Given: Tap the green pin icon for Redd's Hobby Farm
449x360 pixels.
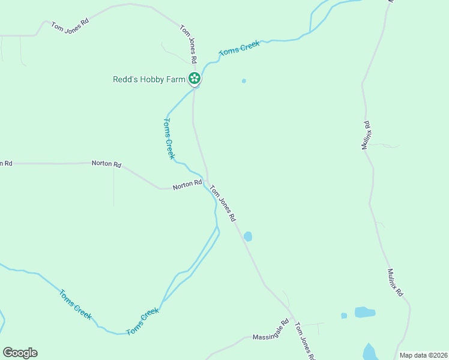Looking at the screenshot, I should point(194,78).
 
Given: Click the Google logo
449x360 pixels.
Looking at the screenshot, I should point(20,353).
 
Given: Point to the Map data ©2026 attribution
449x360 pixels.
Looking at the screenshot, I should point(423,355).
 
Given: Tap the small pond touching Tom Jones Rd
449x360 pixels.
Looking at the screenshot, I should point(248,236).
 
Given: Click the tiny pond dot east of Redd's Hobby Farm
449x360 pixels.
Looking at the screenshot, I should point(244,81).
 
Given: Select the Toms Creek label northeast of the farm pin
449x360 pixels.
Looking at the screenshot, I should point(240,49).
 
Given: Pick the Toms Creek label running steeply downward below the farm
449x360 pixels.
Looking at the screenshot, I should point(169,139).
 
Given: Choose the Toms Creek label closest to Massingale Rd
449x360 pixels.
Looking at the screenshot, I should point(143,322).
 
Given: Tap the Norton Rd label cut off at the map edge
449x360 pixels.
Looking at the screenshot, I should point(6,163).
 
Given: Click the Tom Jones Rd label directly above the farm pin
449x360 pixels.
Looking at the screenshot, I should point(188,44).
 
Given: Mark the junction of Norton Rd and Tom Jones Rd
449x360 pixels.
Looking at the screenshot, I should point(207,181).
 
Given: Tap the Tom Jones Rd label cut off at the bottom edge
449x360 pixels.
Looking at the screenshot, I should point(304,342).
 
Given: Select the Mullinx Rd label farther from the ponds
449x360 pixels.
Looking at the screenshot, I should point(367,135).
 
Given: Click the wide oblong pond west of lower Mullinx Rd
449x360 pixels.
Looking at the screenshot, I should point(364,312).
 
